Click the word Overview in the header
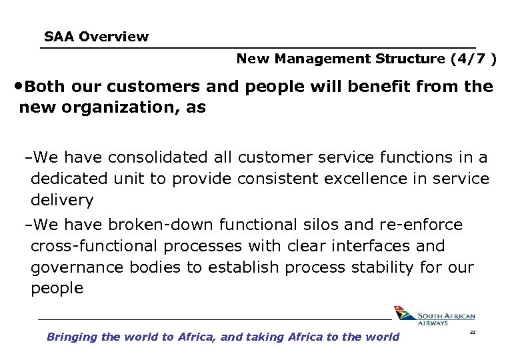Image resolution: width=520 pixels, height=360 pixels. point(113,37)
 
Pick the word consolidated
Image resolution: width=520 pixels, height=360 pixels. point(158,157)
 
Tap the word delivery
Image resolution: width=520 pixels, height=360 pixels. point(62,200)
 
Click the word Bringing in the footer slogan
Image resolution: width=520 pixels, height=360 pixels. point(72,337)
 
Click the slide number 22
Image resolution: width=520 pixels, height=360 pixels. point(472,331)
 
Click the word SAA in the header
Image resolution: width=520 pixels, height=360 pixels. point(59,37)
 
